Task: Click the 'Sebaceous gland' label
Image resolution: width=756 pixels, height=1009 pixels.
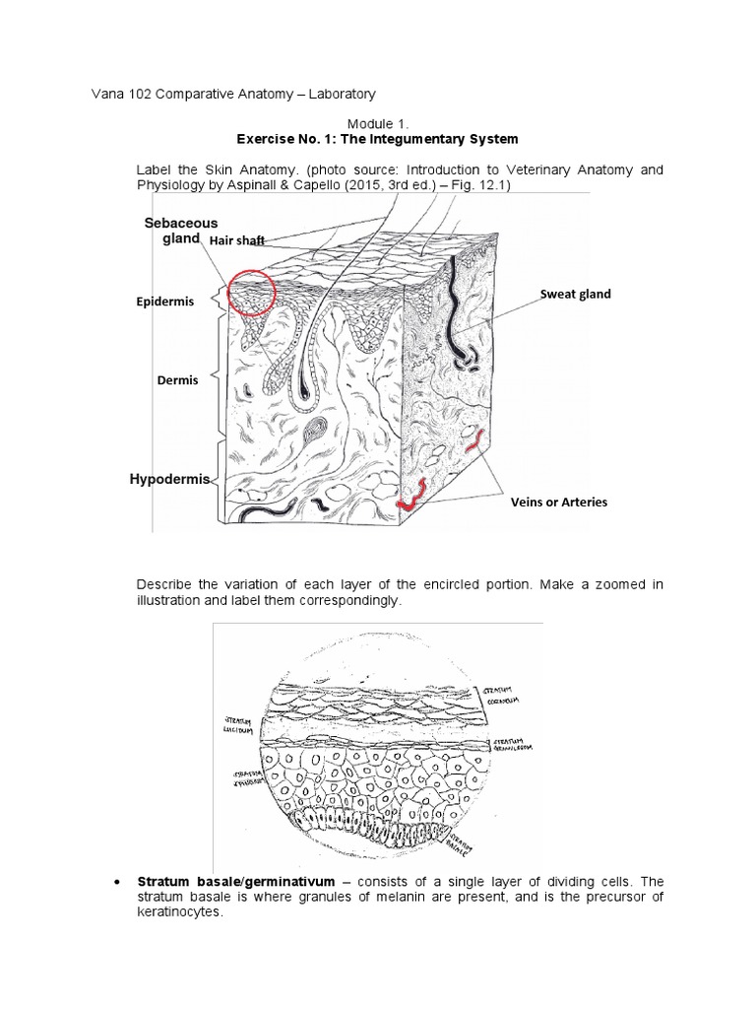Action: coord(181,231)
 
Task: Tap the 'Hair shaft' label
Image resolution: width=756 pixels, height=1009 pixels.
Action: coord(235,240)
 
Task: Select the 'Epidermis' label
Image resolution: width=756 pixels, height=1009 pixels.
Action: coord(165,302)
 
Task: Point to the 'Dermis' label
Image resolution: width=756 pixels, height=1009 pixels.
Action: coord(176,379)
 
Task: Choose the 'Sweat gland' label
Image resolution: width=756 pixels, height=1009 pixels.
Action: coord(575,294)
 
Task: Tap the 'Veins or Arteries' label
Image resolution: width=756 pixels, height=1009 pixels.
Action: coord(558,502)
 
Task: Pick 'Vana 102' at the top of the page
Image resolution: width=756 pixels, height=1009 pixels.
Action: coord(109,94)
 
